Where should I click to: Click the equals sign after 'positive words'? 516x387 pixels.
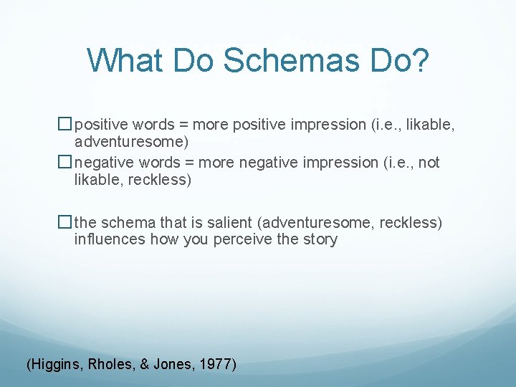tap(182, 125)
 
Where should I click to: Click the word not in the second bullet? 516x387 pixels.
tap(429, 163)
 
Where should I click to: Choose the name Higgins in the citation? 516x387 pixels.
tap(57, 364)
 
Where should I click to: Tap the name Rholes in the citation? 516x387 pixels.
tap(113, 364)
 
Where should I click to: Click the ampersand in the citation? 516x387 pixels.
tap(145, 364)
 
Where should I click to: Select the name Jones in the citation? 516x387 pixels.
tap(173, 364)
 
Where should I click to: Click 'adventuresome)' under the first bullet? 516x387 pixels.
tap(131, 141)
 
